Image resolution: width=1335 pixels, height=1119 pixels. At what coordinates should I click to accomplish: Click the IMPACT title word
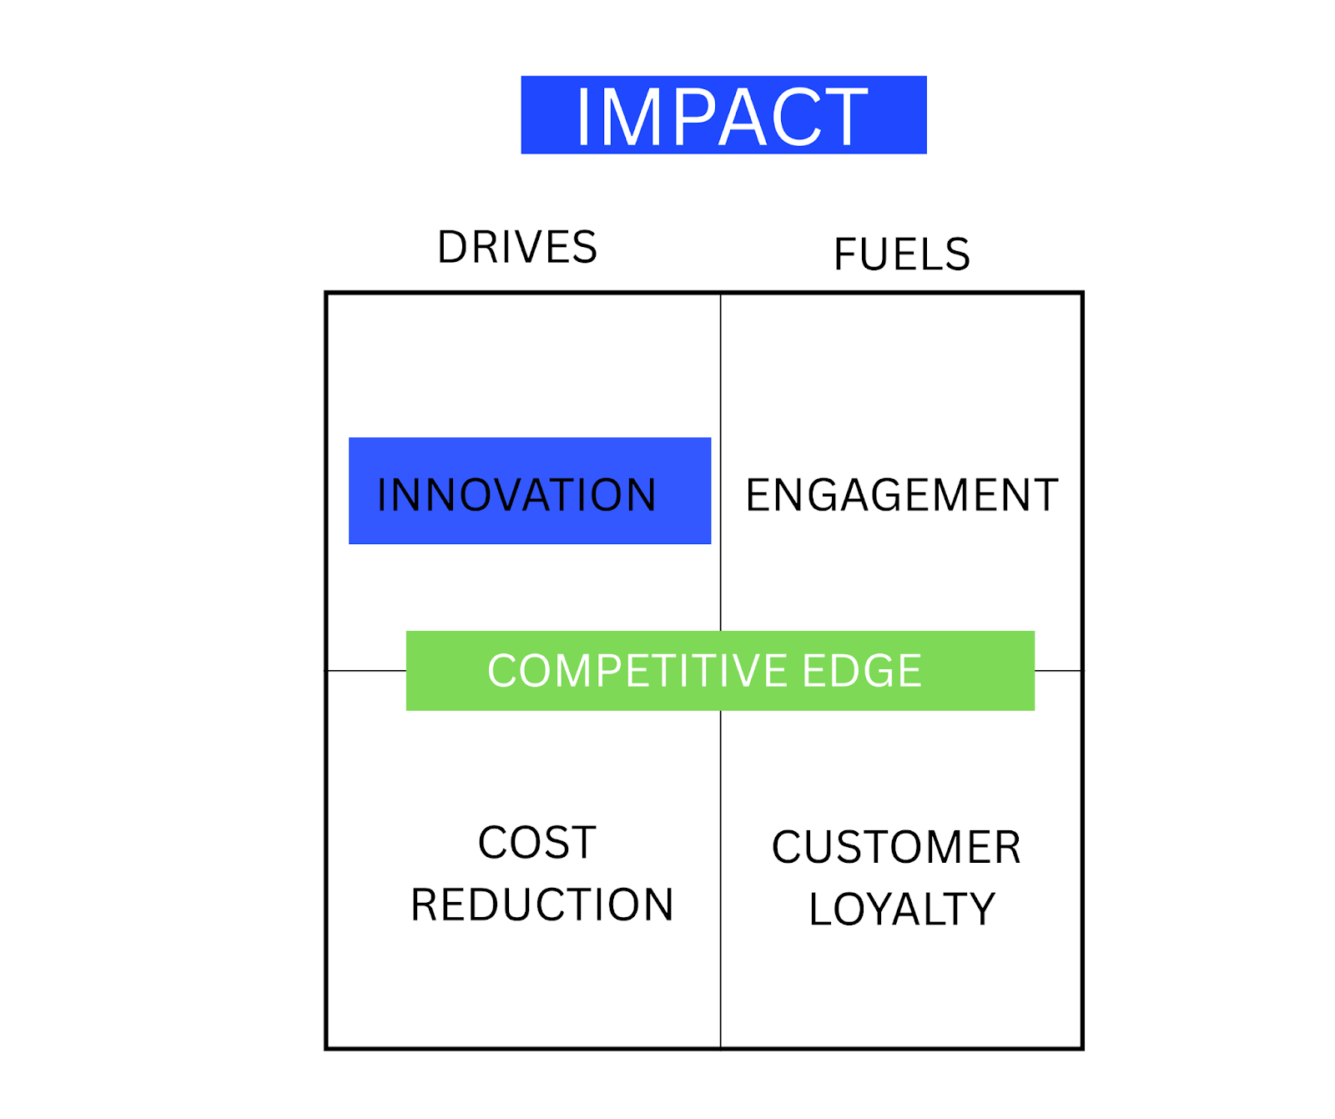click(723, 116)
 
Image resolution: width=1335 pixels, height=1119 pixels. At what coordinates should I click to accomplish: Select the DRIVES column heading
click(517, 247)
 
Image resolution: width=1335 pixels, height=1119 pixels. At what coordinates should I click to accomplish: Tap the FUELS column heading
click(902, 254)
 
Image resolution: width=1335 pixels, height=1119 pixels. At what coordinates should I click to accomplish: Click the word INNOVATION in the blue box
click(516, 495)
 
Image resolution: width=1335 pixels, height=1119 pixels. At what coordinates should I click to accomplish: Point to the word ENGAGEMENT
click(902, 495)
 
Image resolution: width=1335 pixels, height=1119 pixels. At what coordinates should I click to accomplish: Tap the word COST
click(537, 843)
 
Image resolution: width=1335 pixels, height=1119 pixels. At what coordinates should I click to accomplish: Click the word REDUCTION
click(542, 905)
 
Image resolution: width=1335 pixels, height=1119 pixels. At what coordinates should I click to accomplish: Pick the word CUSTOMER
click(896, 848)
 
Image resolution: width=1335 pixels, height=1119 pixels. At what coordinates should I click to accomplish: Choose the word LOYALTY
click(902, 909)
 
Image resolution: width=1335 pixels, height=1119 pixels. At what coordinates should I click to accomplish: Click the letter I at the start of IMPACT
click(583, 117)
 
